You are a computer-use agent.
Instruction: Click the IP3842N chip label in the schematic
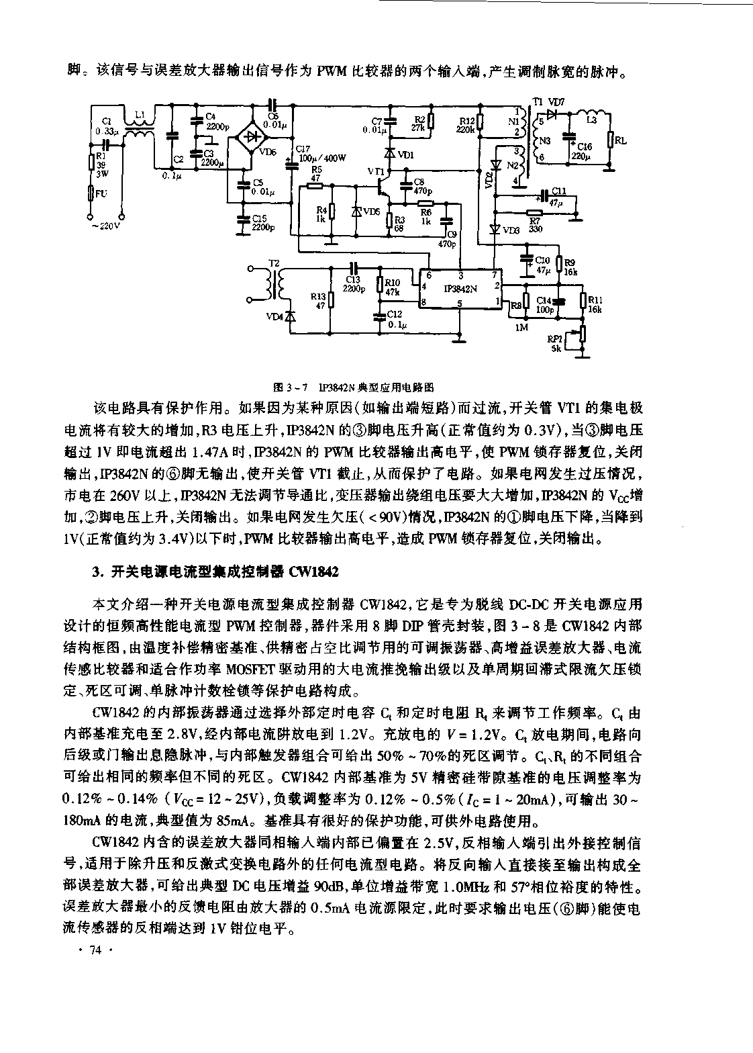pos(460,288)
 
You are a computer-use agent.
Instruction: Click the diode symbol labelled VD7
pos(552,113)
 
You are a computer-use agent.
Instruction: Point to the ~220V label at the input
pos(105,226)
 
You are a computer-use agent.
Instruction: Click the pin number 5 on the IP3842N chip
pos(460,303)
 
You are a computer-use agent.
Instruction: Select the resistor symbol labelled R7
pos(534,212)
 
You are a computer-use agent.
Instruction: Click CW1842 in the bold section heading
pos(315,572)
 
